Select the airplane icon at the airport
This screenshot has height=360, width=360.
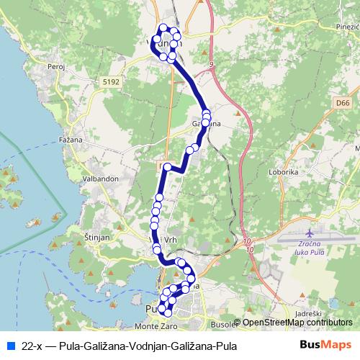click(310, 234)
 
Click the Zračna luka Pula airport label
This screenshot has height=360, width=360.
click(310, 248)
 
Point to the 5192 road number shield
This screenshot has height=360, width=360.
click(111, 83)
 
